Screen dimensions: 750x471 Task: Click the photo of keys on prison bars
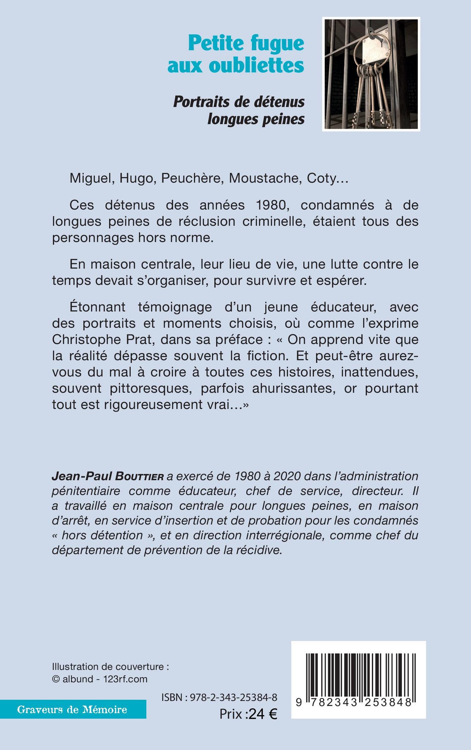coord(371,74)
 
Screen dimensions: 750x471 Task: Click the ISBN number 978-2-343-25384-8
coord(233,697)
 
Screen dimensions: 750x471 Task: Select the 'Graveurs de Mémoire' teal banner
coord(73,710)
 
